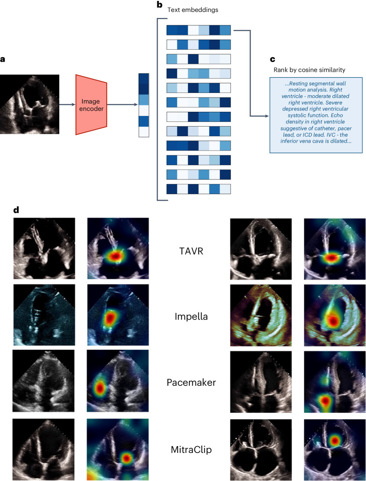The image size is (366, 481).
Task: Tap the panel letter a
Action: [x=3, y=59]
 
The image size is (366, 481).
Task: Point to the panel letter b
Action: [x=160, y=5]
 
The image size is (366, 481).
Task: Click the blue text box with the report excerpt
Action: [x=316, y=115]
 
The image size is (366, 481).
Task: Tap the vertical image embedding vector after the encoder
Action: [x=143, y=105]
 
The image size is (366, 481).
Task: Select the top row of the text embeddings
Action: [x=198, y=30]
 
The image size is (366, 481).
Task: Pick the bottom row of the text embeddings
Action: [x=198, y=189]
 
